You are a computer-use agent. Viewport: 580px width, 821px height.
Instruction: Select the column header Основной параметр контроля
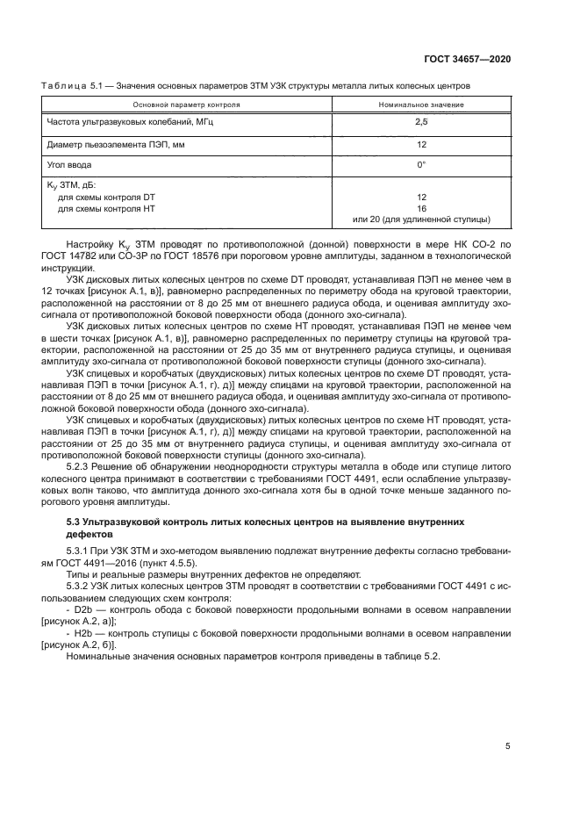[x=180, y=104]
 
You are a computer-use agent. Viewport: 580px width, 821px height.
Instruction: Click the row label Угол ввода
[x=67, y=164]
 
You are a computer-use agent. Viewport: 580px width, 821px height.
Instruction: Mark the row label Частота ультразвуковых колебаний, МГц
[x=129, y=124]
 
